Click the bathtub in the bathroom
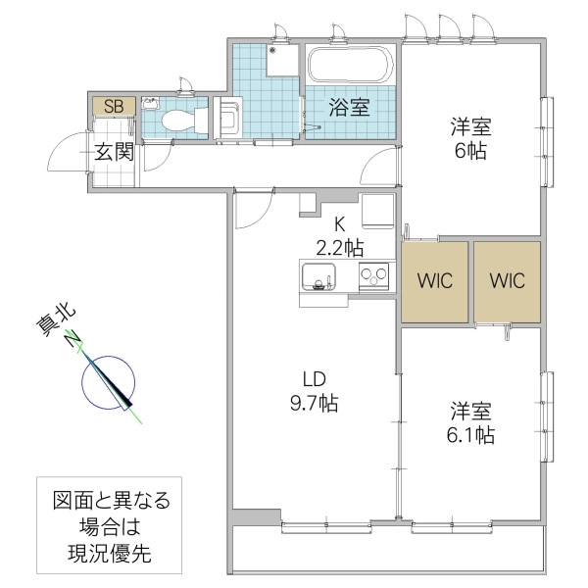pos(350,66)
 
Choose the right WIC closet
pos(507,280)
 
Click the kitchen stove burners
pos(374,276)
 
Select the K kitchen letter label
pos(339,223)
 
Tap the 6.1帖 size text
pos(470,434)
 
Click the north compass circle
pos(108,381)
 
